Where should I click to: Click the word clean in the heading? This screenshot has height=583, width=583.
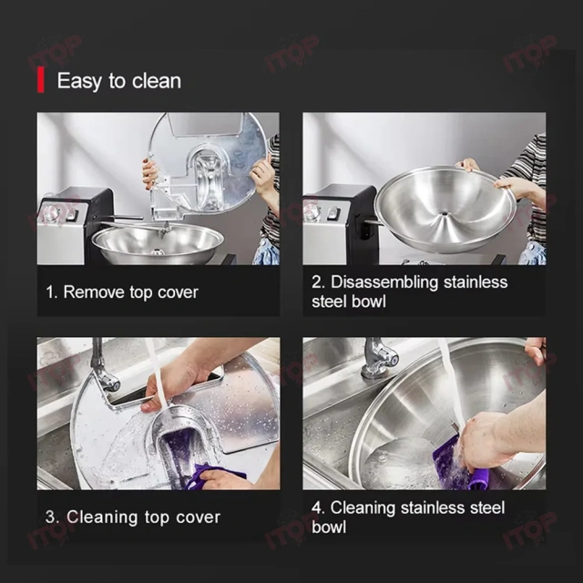(157, 81)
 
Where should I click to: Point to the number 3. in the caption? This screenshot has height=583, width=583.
(53, 517)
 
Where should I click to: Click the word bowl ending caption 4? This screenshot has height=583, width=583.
(329, 527)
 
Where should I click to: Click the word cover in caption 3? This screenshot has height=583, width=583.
(199, 517)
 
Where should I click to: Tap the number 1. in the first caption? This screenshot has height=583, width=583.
(53, 292)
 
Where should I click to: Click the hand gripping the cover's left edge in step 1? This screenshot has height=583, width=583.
(149, 172)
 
